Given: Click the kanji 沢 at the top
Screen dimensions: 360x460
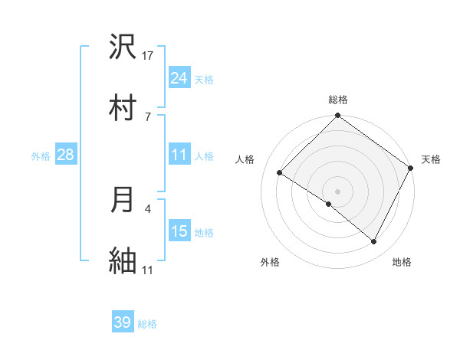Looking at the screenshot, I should pos(123,47).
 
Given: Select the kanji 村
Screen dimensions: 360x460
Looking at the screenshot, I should pos(123,106).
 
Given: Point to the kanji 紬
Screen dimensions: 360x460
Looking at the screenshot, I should pos(123,259).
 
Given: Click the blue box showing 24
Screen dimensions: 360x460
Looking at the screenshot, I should pos(179,78).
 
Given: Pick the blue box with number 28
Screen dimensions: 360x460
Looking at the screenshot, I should pos(66,155).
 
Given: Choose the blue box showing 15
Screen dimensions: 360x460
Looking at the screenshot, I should pos(179,231).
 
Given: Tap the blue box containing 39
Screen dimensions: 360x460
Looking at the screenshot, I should pos(123,322).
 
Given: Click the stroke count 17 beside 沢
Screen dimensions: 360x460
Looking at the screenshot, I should pos(148,55).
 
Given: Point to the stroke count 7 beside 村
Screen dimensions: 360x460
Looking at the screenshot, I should pos(148,116).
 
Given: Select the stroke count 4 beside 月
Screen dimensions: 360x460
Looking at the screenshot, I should pos(148,208).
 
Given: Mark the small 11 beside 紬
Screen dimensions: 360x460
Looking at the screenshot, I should pos(148,269).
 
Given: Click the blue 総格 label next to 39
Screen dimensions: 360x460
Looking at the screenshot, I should pos(147,324).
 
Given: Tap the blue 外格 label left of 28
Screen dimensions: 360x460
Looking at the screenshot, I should pos(41,155).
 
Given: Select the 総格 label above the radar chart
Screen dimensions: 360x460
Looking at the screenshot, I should pos(338,100).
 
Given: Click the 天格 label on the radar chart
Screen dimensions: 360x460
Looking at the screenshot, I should pos(431,159).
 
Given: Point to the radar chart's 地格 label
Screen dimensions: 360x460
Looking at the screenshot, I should pos(402,262).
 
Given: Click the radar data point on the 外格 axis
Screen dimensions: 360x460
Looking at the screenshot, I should pos(329,204).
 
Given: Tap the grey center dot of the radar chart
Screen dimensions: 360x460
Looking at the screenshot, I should pos(338,191).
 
